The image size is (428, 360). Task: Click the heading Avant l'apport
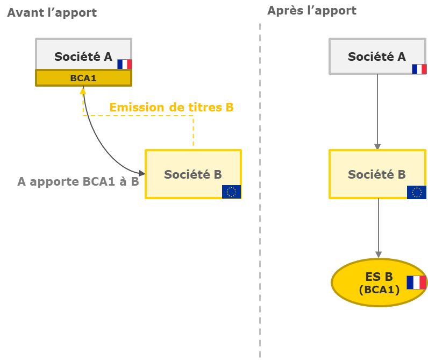(x=52, y=12)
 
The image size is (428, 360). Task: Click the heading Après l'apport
(x=312, y=10)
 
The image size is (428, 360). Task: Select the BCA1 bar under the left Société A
(x=83, y=78)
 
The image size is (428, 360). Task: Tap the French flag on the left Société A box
(x=125, y=65)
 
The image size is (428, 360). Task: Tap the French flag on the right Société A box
(x=419, y=69)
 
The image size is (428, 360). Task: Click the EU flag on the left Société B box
(x=232, y=192)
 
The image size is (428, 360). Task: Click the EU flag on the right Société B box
(x=416, y=192)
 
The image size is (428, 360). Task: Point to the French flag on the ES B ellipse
(x=416, y=283)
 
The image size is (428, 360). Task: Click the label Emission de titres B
(x=171, y=107)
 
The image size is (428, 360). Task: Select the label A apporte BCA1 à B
(x=78, y=181)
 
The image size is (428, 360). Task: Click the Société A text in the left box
(x=83, y=57)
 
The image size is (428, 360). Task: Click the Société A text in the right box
(x=377, y=57)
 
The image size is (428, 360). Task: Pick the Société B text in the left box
(x=193, y=174)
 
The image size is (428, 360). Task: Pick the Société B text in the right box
(x=377, y=174)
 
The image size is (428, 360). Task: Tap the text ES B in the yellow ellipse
(x=379, y=277)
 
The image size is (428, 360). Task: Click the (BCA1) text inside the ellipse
(x=379, y=290)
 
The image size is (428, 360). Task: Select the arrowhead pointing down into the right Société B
(x=377, y=146)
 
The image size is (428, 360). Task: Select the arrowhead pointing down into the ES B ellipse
(x=379, y=255)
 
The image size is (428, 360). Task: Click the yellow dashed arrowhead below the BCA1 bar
(x=83, y=91)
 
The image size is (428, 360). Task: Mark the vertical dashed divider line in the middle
(x=260, y=188)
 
